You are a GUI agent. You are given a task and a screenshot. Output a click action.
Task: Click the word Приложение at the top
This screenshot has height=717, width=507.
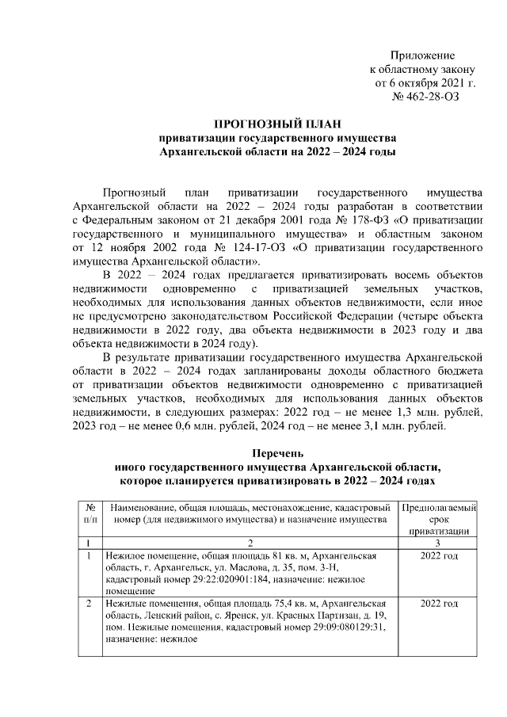tap(423, 55)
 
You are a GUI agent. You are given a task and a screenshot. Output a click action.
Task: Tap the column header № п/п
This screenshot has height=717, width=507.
tap(91, 511)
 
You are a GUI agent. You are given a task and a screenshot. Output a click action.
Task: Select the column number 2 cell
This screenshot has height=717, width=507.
tap(250, 543)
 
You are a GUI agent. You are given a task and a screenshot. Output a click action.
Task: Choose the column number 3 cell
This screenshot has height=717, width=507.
tap(439, 543)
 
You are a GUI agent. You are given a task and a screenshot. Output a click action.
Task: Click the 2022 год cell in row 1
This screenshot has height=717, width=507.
tap(440, 556)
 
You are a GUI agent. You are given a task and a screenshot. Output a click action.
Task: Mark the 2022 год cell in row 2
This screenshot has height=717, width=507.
tap(440, 604)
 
